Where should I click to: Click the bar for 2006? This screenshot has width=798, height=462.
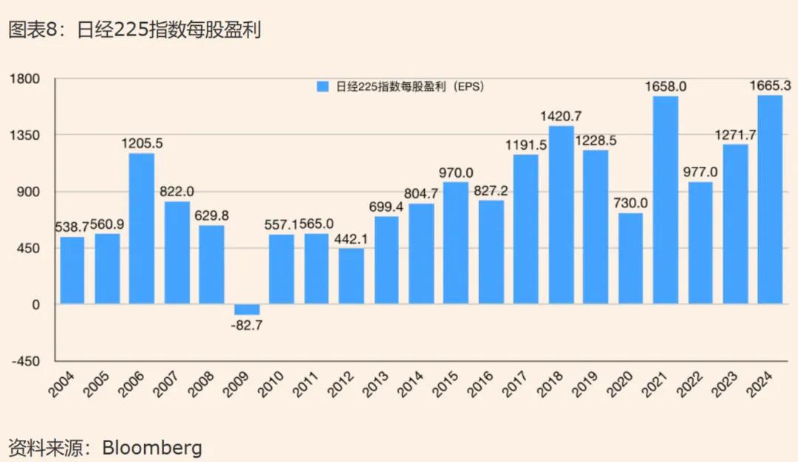click(142, 228)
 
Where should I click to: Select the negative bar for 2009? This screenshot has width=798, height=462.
click(247, 309)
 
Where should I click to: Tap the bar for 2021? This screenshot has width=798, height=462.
click(665, 200)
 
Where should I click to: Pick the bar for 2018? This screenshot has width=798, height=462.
click(561, 215)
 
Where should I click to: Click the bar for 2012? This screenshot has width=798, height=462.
click(351, 276)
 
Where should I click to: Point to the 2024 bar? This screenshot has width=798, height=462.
click(770, 199)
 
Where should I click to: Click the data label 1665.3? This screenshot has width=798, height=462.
click(770, 86)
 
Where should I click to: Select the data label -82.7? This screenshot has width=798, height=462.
click(247, 325)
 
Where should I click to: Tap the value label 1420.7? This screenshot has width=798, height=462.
click(561, 116)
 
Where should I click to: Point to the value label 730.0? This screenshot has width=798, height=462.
click(630, 203)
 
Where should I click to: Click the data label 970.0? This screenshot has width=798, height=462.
click(456, 173)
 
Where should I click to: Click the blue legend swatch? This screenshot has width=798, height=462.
click(322, 86)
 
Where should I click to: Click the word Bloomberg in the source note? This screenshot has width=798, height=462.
click(151, 447)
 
